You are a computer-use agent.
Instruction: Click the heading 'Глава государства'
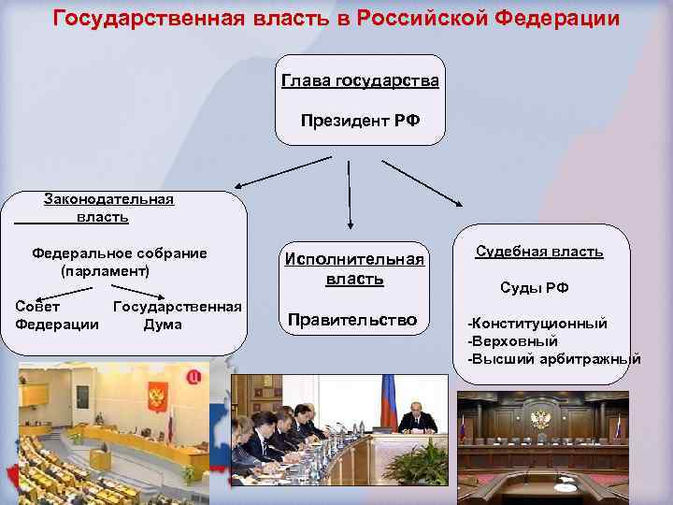tap(360, 81)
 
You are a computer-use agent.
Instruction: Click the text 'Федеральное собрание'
tap(120, 252)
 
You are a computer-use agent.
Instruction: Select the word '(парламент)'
tap(105, 270)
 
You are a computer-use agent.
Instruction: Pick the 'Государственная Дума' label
tap(176, 315)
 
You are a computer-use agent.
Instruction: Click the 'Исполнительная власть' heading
tap(354, 268)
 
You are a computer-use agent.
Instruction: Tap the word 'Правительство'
tap(352, 320)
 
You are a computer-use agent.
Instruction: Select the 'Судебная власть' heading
tap(539, 252)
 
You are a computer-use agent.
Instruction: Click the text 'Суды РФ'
tap(534, 287)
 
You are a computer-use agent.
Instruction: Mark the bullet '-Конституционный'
tap(537, 323)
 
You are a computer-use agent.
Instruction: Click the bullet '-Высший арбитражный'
tap(553, 358)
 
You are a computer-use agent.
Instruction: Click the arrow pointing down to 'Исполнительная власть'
tap(349, 194)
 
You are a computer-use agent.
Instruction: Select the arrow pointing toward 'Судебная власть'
tap(422, 181)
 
